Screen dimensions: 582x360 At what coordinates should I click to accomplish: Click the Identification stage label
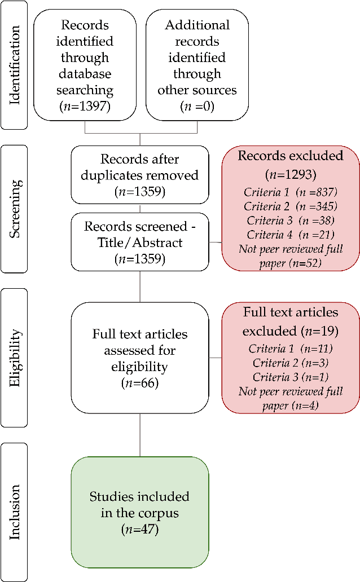15,65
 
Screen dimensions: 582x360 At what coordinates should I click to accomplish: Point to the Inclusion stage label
15,512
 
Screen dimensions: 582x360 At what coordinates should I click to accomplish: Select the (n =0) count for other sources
197,105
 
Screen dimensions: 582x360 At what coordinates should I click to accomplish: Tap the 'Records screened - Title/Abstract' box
140,242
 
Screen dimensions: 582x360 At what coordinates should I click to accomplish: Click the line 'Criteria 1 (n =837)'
291,192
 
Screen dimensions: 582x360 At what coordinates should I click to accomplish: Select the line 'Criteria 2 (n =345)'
291,206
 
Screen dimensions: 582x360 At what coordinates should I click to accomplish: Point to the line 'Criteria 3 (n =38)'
291,220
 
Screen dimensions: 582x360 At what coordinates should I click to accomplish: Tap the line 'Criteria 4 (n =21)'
291,234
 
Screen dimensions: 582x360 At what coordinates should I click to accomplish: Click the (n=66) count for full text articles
140,383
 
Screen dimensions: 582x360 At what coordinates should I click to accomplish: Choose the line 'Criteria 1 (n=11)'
291,349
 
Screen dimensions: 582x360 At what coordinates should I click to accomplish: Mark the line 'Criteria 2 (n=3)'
291,363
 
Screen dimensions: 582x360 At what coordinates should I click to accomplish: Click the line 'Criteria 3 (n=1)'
291,377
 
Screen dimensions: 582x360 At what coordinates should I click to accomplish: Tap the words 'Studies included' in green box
140,497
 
